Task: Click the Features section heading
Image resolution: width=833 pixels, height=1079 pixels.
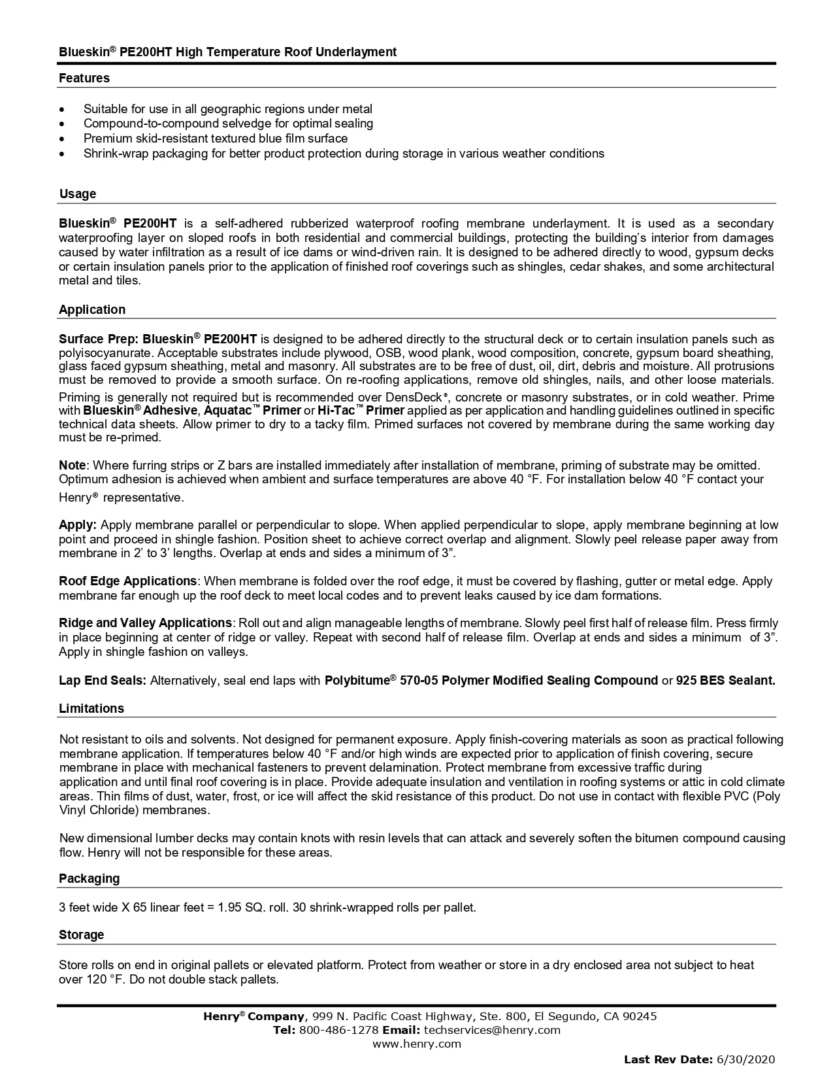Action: coord(84,78)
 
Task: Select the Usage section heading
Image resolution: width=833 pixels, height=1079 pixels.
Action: coord(77,194)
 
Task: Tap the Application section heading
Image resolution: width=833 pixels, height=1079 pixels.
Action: coord(91,309)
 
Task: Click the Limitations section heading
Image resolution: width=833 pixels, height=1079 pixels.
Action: coord(91,708)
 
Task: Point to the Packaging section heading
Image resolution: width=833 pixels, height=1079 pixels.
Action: coord(89,878)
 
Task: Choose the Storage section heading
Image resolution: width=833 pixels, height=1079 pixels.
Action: coord(81,934)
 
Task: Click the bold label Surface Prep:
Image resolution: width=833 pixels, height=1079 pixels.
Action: coord(99,339)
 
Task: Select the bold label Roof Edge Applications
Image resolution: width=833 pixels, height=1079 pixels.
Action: coord(127,581)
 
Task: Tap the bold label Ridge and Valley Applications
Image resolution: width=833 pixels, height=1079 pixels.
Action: coord(145,623)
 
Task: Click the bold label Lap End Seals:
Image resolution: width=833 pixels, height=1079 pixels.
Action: coord(103,680)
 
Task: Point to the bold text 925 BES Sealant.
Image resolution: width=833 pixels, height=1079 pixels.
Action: coord(725,680)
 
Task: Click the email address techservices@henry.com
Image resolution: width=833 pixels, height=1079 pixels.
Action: coord(492,1030)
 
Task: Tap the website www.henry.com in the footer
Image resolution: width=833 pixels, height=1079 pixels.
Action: coord(416,1044)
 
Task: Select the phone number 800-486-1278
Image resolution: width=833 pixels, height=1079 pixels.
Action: coord(338,1030)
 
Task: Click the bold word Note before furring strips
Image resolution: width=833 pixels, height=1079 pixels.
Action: coord(72,465)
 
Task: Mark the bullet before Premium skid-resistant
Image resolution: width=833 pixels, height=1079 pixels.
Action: coord(62,139)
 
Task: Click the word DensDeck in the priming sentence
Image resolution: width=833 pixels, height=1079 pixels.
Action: coord(415,397)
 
